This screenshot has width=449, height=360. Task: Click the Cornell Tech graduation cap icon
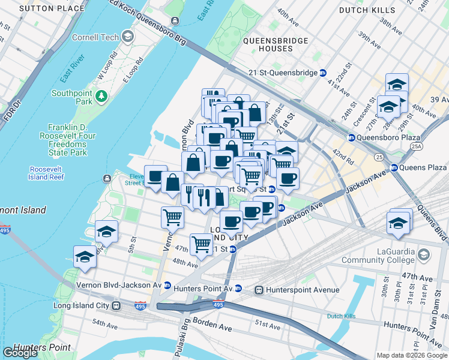coord(127,37)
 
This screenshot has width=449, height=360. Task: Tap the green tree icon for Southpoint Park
coord(102,95)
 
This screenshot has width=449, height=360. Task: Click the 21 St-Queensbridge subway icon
coord(323,73)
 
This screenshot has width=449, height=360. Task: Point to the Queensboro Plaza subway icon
coord(351,137)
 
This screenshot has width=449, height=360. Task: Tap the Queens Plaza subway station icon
coord(394,167)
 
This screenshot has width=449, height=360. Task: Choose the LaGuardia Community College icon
coord(424,255)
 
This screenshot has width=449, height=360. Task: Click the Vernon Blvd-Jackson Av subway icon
coord(167,286)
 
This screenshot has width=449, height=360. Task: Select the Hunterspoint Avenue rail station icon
coord(259,290)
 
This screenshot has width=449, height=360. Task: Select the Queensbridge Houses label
coord(276,44)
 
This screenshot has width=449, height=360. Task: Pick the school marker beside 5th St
coord(106,232)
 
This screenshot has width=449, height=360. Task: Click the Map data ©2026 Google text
coord(411,355)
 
